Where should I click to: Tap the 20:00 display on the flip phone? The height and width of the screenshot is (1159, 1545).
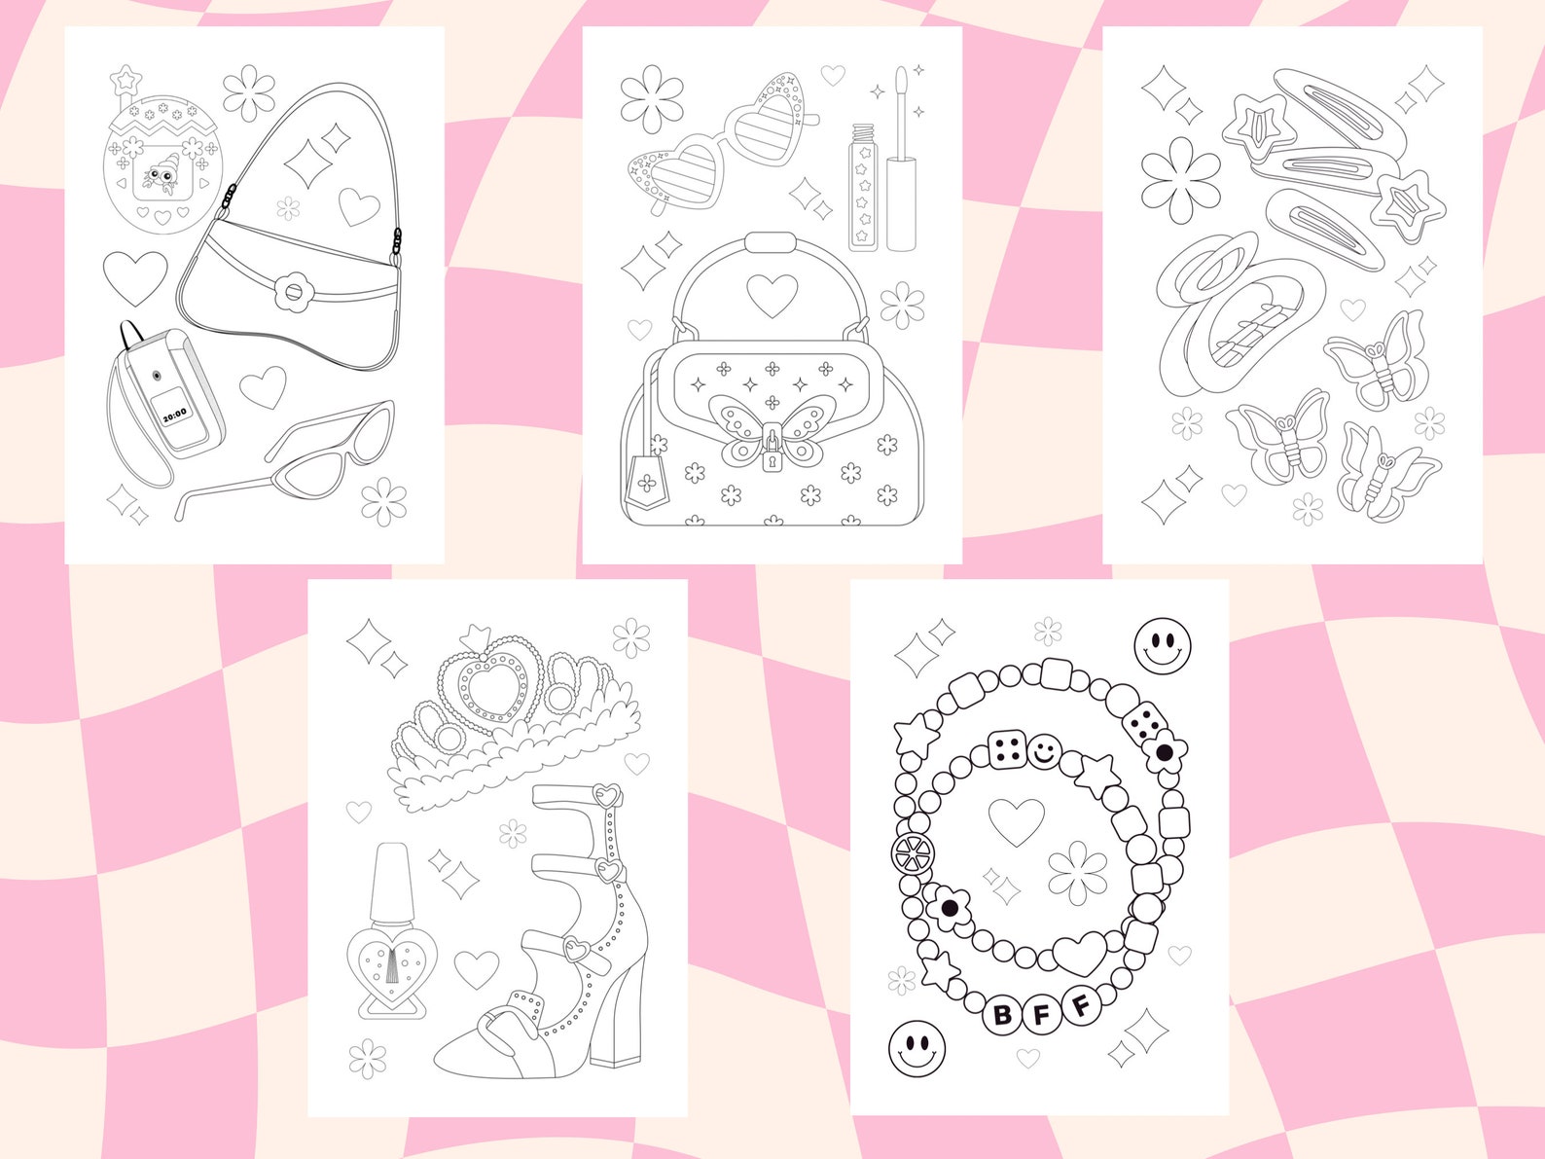pos(175,415)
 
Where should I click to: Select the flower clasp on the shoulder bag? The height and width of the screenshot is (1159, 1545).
pos(290,291)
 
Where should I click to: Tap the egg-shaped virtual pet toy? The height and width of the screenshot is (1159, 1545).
pos(162,163)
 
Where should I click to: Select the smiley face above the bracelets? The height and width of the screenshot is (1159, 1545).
pos(1163,646)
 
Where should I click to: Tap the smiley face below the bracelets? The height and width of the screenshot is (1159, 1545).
pos(916,1048)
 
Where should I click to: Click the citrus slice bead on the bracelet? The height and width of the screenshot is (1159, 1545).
pos(913,853)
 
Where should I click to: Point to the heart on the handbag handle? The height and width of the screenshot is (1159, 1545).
pos(772,295)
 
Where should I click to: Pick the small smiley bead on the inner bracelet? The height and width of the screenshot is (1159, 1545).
pos(1044,751)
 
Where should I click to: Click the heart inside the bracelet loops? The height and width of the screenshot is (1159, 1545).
pos(1017,821)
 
